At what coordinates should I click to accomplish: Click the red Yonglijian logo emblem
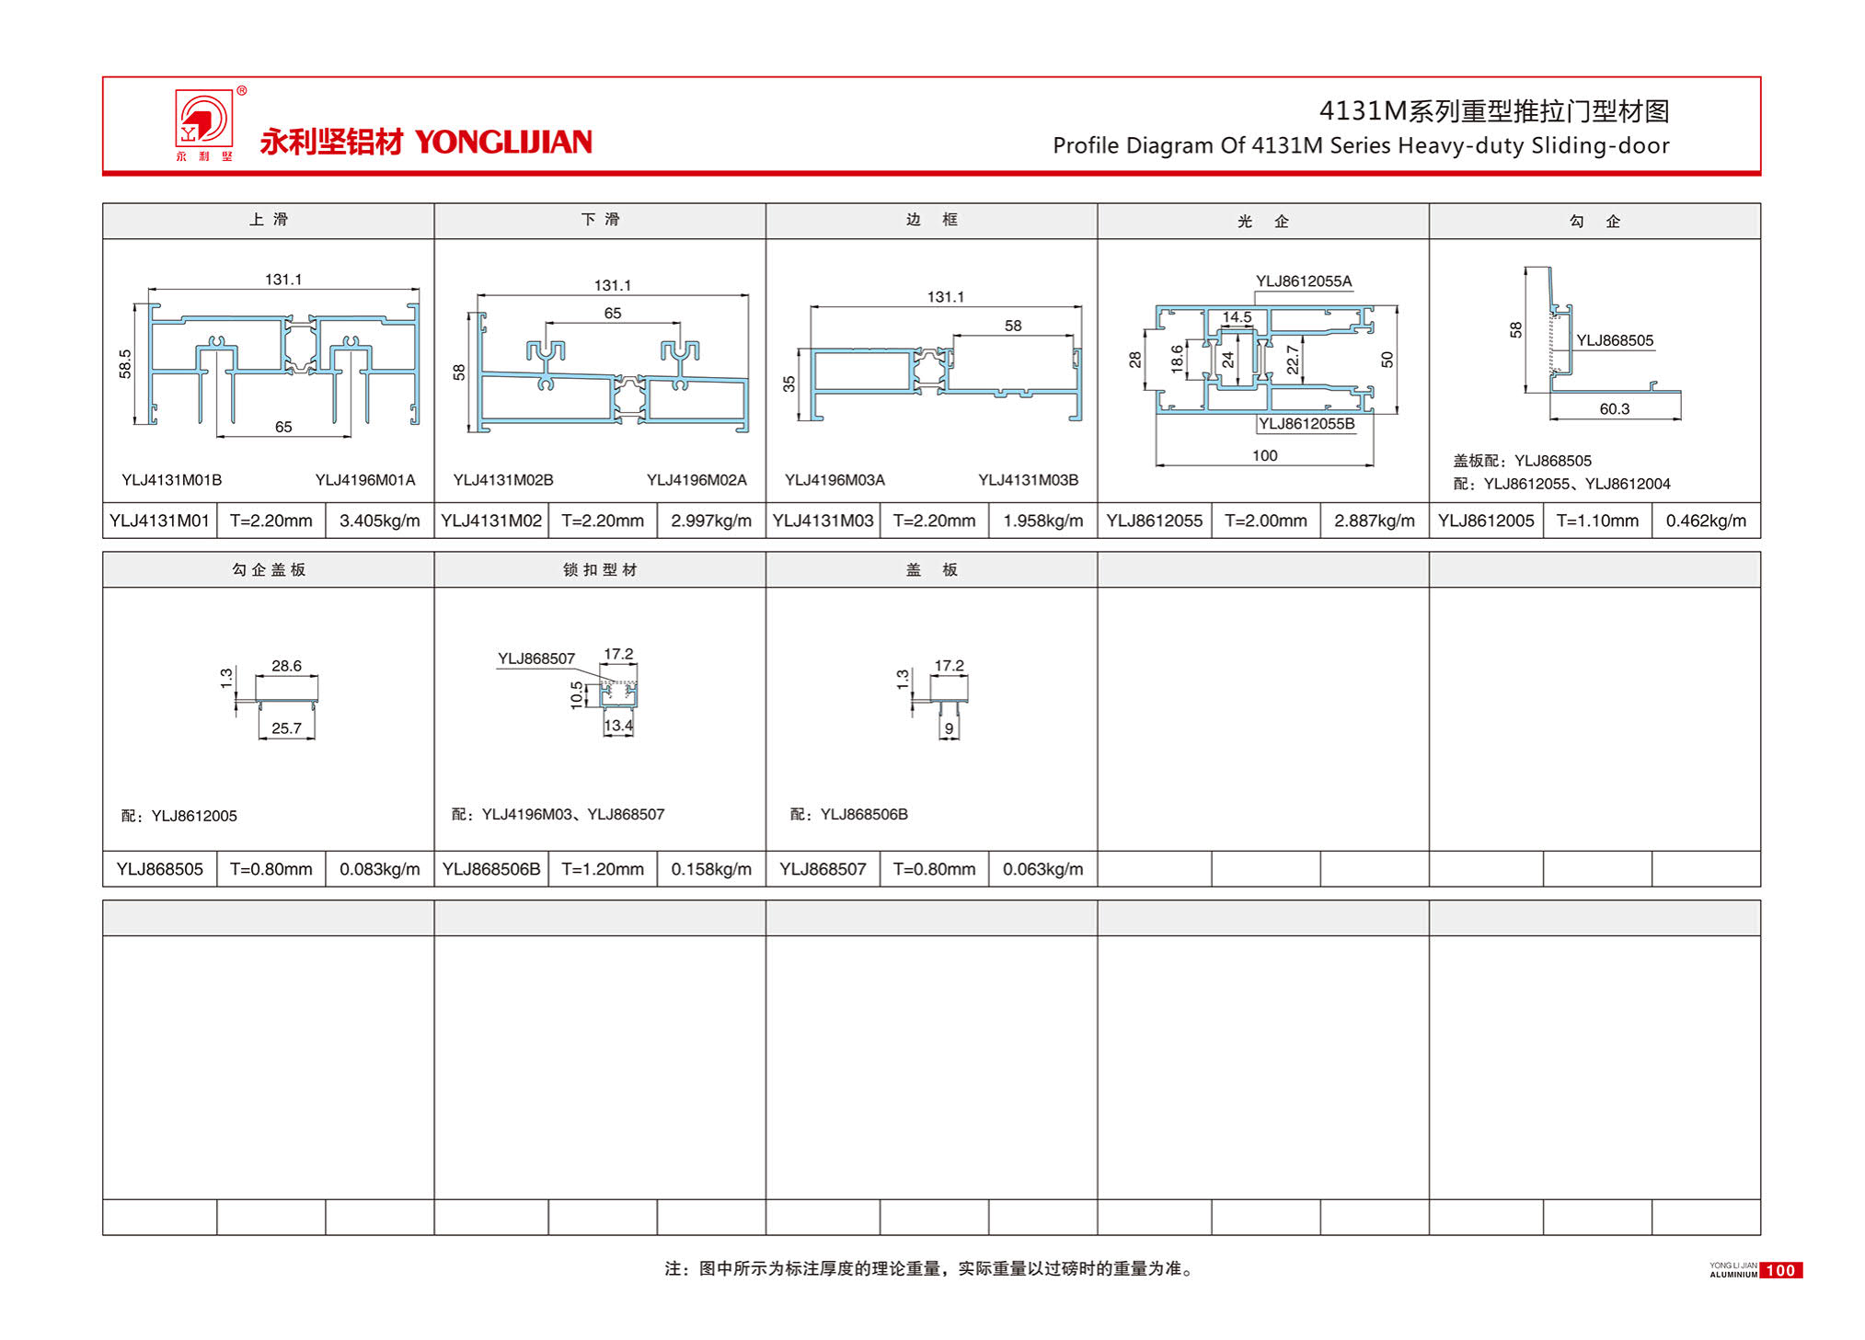[x=204, y=120]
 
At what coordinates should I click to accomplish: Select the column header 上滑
[x=268, y=220]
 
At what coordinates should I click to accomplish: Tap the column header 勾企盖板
[x=268, y=570]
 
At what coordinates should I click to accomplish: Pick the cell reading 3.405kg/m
[x=379, y=521]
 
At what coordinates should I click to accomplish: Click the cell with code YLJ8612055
[x=1154, y=521]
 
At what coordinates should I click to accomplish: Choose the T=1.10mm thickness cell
[x=1596, y=521]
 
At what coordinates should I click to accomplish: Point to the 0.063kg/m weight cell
[x=1042, y=869]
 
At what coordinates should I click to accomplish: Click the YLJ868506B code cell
[x=491, y=869]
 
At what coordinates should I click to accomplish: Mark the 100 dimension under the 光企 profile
[x=1264, y=456]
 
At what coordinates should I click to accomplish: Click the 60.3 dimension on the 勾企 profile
[x=1614, y=409]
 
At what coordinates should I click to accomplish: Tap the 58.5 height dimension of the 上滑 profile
[x=125, y=364]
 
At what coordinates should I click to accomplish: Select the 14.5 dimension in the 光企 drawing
[x=1237, y=317]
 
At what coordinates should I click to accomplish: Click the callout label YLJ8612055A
[x=1304, y=281]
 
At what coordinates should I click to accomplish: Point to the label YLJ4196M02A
[x=696, y=480]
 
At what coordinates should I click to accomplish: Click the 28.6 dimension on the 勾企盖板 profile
[x=286, y=666]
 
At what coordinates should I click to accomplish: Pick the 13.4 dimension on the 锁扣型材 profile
[x=618, y=726]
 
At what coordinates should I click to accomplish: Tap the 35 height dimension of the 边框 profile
[x=789, y=384]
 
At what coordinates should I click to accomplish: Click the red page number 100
[x=1780, y=1270]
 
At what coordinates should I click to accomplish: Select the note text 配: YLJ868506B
[x=848, y=815]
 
